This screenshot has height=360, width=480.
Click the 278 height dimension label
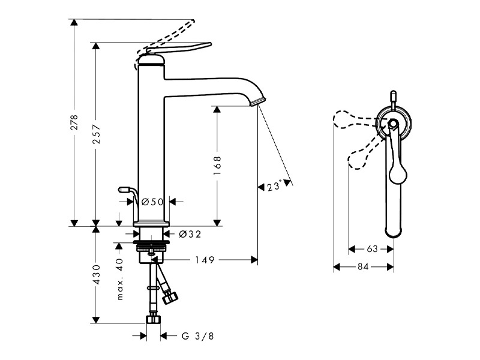coord(74,122)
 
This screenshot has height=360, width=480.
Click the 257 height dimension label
coord(96,134)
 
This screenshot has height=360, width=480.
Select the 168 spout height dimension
coord(217,166)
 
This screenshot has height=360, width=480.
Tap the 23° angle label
coord(274,186)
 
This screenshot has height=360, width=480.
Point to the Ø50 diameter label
coord(153,202)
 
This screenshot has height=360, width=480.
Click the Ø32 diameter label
coord(190,234)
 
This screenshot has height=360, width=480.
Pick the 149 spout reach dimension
coord(205,260)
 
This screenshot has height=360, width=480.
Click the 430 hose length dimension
coord(96,275)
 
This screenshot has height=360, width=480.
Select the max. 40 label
coord(119,279)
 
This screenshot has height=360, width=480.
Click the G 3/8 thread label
coord(198,336)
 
